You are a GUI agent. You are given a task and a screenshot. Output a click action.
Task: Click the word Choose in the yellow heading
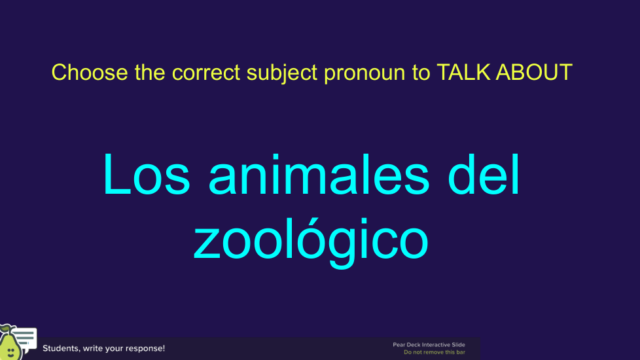pyautogui.click(x=90, y=72)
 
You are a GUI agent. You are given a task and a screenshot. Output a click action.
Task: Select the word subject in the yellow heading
pyautogui.click(x=281, y=73)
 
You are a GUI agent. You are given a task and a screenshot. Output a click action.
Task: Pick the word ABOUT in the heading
pyautogui.click(x=534, y=72)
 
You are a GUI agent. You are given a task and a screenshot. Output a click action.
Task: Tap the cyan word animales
pyautogui.click(x=319, y=175)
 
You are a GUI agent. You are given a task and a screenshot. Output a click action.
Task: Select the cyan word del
pyautogui.click(x=484, y=175)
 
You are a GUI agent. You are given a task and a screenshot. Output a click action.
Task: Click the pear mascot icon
pyautogui.click(x=9, y=343)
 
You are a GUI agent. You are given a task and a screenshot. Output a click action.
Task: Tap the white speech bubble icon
pyautogui.click(x=26, y=338)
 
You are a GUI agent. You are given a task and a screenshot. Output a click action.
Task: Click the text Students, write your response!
pyautogui.click(x=103, y=348)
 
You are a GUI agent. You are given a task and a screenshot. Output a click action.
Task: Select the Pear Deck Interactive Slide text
pyautogui.click(x=429, y=345)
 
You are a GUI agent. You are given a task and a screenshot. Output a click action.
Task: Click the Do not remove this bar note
pyautogui.click(x=435, y=352)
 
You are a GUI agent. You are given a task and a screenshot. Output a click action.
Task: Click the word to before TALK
pyautogui.click(x=421, y=73)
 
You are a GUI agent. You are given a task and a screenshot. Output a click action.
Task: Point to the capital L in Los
pyautogui.click(x=116, y=175)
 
